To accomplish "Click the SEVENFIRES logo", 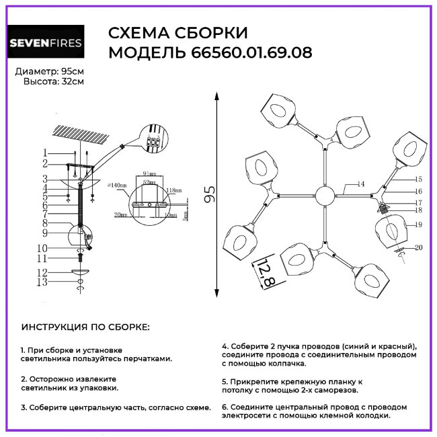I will (46, 44).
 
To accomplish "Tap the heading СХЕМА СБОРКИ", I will (177, 33).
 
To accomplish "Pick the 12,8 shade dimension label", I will (266, 274).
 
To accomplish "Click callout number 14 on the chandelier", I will (361, 184).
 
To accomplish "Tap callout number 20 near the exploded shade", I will (418, 247).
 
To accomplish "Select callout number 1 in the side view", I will (44, 153).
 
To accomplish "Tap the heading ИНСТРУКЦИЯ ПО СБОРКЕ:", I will (86, 327).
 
